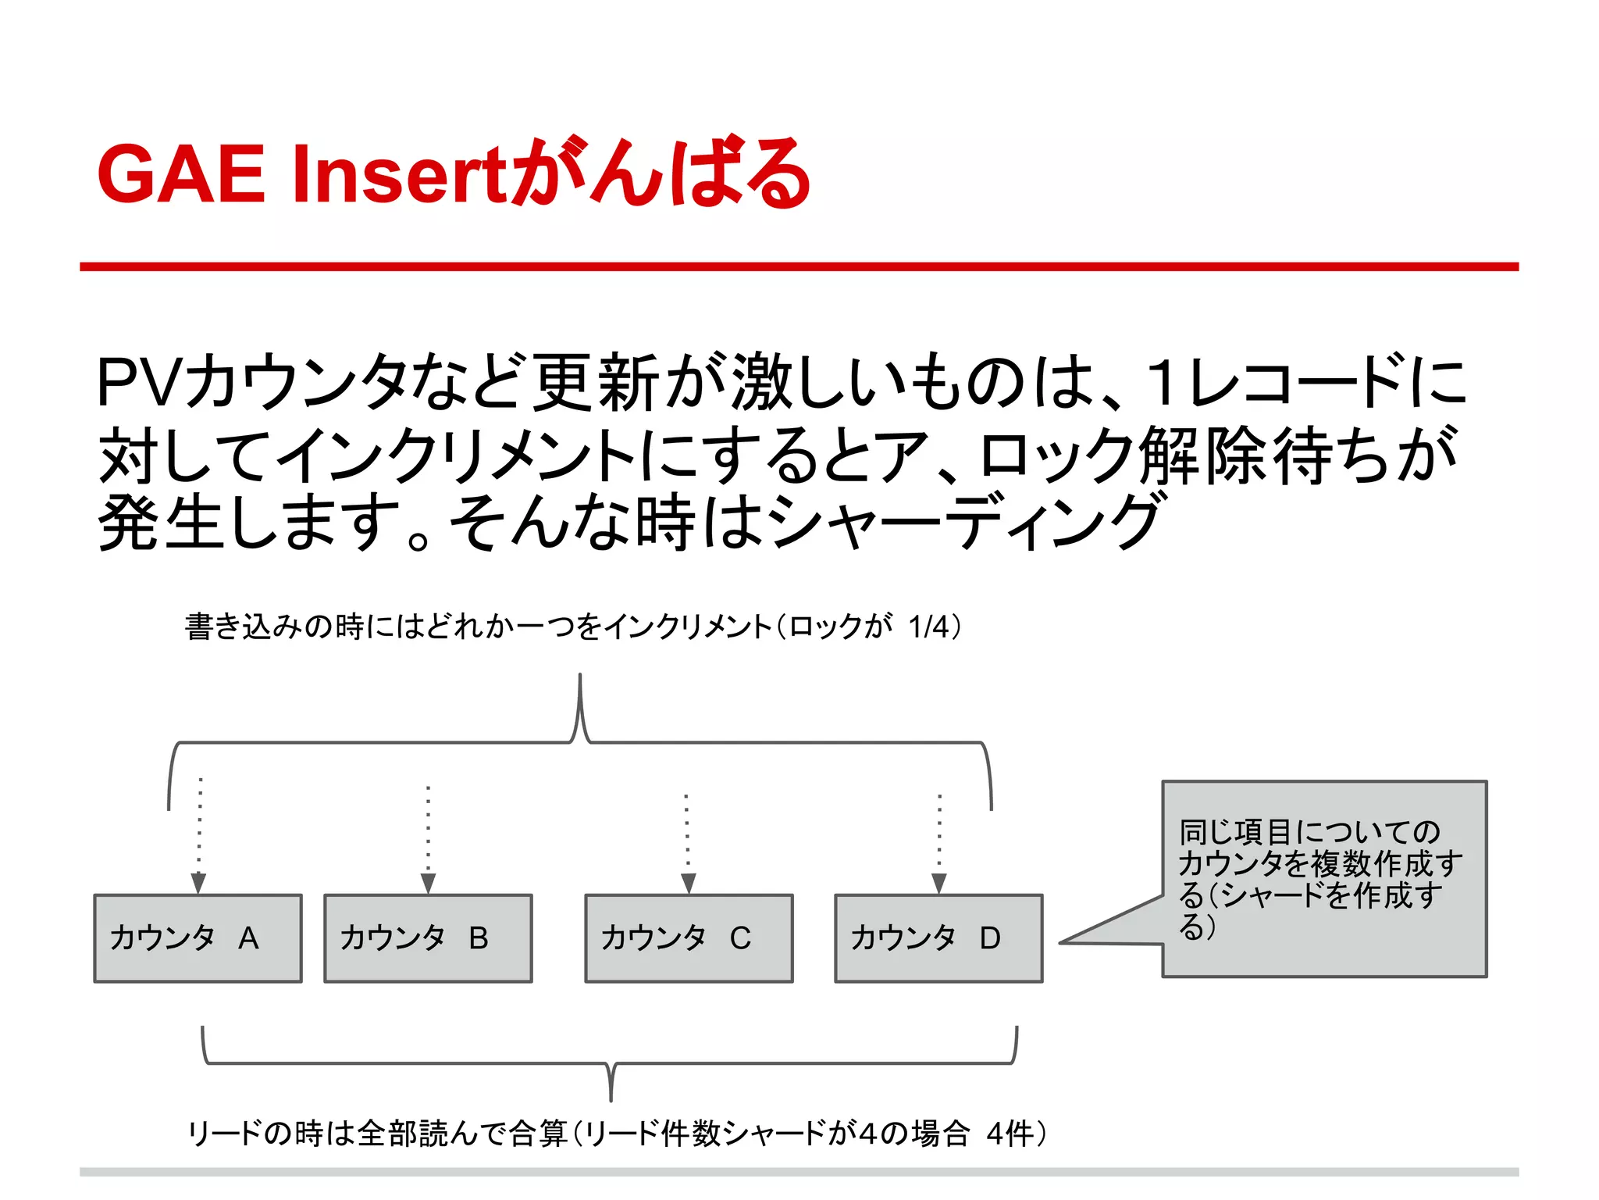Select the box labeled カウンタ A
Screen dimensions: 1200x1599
(x=198, y=938)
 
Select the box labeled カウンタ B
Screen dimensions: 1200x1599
(x=428, y=938)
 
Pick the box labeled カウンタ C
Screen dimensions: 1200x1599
(x=689, y=938)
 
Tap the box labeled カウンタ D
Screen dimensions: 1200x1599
(x=938, y=938)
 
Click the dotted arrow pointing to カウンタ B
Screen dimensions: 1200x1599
(x=428, y=840)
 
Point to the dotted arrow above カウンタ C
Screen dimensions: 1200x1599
(x=687, y=844)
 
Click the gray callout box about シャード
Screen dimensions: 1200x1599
(x=1324, y=879)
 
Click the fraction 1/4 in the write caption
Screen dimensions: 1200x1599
(x=929, y=627)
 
